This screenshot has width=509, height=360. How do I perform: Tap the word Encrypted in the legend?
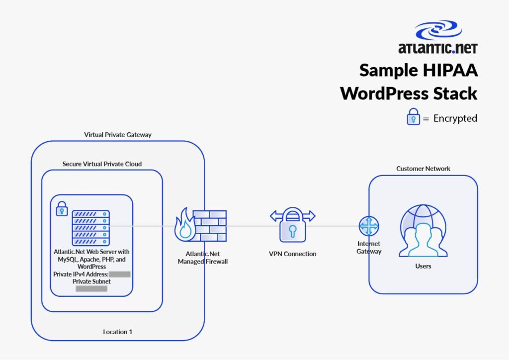pos(455,118)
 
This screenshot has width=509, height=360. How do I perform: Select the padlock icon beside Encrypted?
pos(414,117)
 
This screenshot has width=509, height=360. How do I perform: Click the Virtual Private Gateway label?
pos(118,135)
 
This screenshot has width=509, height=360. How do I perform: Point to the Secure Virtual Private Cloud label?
pos(102,164)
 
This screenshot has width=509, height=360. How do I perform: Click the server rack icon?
pos(90,228)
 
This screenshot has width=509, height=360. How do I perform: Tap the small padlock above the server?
pos(62,208)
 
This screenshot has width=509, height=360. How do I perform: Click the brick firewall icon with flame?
pos(201,225)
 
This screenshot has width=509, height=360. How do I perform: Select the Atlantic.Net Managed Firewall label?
pos(203,258)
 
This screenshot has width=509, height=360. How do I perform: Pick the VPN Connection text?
pos(292,254)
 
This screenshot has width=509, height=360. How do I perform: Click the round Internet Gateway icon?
pos(368,226)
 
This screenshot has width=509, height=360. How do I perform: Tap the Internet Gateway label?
pos(369,248)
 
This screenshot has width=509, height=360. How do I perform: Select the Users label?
pos(423,267)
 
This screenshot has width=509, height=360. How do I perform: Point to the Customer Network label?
pos(423,169)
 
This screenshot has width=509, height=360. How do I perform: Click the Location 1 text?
pos(118,332)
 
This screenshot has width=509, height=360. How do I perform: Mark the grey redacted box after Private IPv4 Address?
pos(120,274)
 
